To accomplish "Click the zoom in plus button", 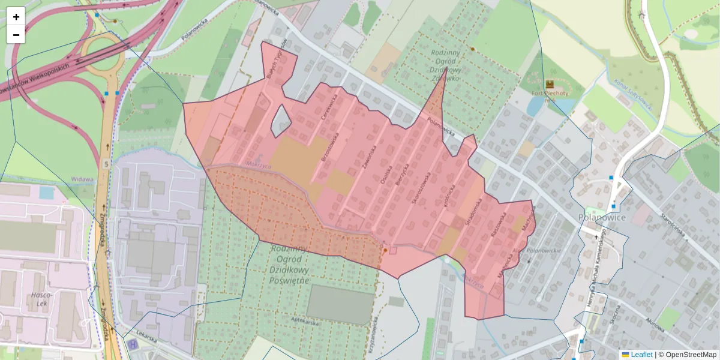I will pyautogui.click(x=16, y=17).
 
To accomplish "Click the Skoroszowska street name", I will pyautogui.click(x=421, y=189).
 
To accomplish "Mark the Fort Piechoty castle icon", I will pyautogui.click(x=550, y=85).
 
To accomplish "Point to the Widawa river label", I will pyautogui.click(x=82, y=179).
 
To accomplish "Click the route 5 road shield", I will pyautogui.click(x=106, y=163).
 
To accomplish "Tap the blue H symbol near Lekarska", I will pyautogui.click(x=131, y=344).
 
